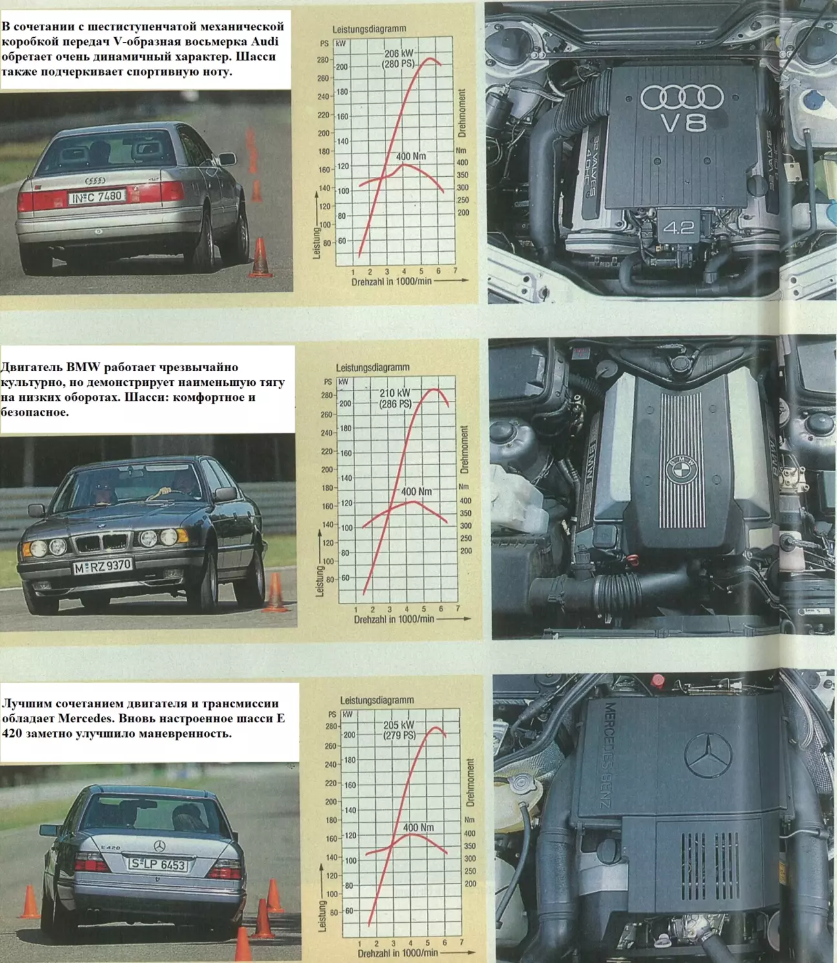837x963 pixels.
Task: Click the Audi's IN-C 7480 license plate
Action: [x=97, y=197]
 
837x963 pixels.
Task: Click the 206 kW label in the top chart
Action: [x=399, y=54]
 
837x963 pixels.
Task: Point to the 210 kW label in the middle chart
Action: [x=395, y=393]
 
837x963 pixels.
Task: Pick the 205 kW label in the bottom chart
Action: [x=399, y=725]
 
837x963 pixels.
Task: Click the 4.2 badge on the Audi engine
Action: [x=679, y=227]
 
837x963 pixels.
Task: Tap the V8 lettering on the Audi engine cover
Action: [x=684, y=123]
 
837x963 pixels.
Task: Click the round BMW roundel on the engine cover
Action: [x=681, y=470]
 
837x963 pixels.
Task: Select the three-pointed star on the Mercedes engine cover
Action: [x=708, y=755]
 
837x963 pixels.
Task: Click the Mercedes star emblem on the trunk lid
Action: [x=160, y=846]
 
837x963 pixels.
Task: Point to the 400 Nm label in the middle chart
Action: [x=417, y=491]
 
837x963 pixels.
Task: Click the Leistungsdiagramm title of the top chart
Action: [x=369, y=28]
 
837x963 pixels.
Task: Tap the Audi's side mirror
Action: [x=227, y=159]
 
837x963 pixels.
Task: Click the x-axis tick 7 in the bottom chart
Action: [x=461, y=942]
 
